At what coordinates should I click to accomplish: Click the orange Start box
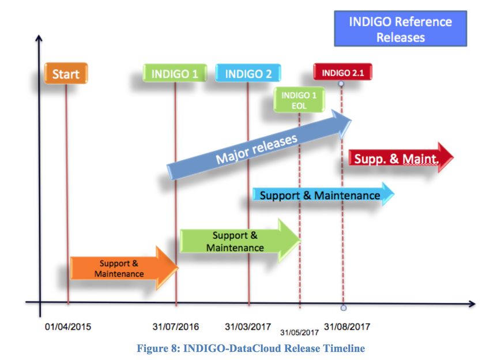coord(66,73)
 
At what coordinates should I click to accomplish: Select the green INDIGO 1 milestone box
coord(175,73)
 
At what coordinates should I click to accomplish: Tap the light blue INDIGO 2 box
coord(248,73)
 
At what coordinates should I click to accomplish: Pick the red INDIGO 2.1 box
coord(343,72)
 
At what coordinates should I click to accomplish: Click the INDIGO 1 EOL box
coord(299,100)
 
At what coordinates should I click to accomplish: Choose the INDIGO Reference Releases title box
coord(400,29)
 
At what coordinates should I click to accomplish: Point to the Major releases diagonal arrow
coord(259,145)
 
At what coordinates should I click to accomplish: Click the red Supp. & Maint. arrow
coord(401,158)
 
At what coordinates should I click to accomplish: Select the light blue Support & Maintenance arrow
coord(323,194)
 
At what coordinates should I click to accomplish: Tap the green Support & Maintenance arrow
coord(240,241)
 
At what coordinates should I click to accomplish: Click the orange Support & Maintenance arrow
coord(124,268)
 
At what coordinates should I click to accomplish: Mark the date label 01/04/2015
coord(68,327)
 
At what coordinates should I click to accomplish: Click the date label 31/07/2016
coord(176,327)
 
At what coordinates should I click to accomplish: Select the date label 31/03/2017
coord(248,327)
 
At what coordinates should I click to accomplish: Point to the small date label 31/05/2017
coord(299,332)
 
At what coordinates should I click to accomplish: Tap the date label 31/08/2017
coord(347,327)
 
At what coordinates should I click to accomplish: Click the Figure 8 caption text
coord(251,348)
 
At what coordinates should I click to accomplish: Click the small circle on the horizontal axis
coord(344,308)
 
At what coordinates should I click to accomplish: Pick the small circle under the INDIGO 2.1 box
coord(341,84)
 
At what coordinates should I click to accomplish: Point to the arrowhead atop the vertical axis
coord(39,38)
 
